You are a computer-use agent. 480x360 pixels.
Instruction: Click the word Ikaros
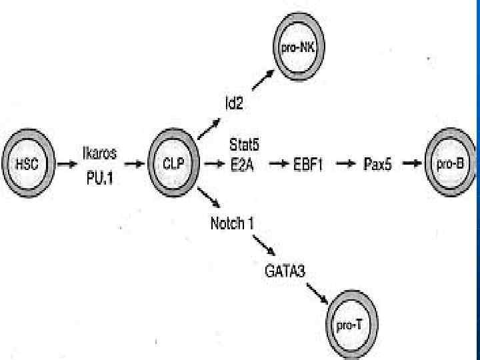99,153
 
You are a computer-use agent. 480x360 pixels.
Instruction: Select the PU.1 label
100,174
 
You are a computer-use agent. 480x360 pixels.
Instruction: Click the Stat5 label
245,144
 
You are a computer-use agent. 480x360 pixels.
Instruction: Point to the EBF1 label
307,163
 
